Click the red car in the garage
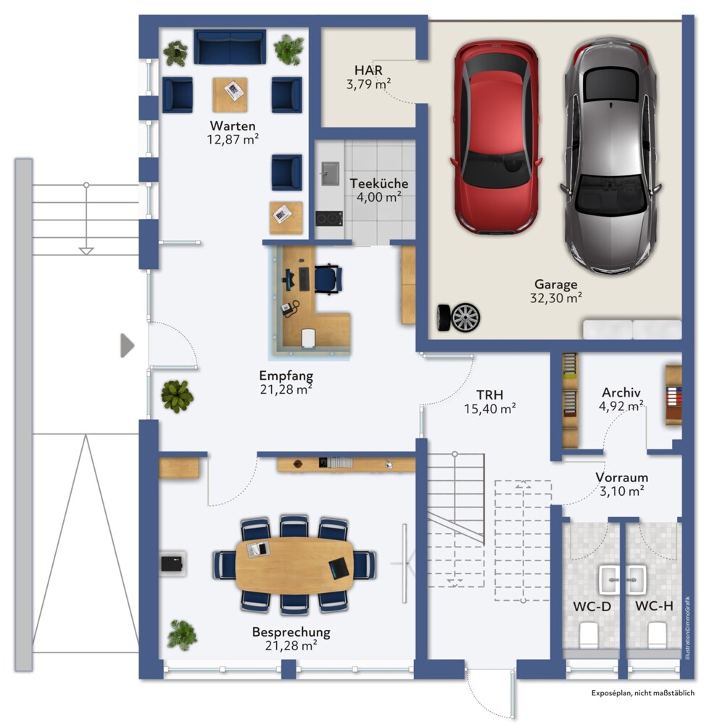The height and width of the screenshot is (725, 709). click(495, 137)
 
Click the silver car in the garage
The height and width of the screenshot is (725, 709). click(611, 157)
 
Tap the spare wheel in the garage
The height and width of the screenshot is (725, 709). click(459, 318)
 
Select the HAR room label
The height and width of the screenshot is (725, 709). click(368, 70)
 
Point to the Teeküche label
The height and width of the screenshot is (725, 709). click(379, 183)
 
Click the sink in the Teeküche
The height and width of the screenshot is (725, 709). click(330, 173)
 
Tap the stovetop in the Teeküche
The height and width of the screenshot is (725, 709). click(329, 218)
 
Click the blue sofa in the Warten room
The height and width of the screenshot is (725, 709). click(230, 46)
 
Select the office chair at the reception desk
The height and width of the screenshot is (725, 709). click(328, 279)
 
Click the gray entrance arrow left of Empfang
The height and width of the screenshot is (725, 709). click(127, 345)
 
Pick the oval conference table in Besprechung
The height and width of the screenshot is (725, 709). click(294, 565)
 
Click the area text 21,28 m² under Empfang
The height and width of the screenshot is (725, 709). click(286, 389)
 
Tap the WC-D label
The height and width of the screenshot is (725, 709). click(592, 606)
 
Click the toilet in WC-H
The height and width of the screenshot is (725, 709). click(657, 635)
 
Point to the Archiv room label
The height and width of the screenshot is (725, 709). click(621, 392)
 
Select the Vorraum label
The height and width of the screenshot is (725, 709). click(622, 477)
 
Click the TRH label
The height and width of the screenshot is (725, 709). click(490, 395)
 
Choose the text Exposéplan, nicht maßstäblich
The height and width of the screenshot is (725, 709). click(643, 692)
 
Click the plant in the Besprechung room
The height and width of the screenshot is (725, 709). click(182, 635)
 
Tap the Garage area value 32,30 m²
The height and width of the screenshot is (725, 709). click(556, 298)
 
